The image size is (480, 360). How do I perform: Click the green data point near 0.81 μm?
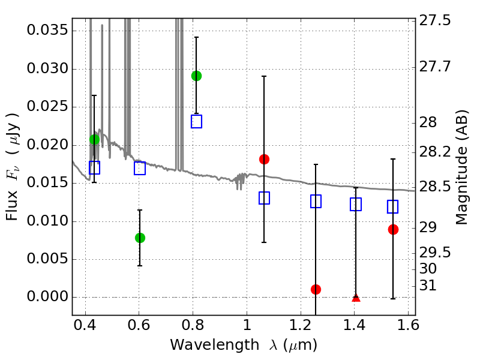[196, 76]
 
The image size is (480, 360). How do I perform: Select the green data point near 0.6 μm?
[140, 238]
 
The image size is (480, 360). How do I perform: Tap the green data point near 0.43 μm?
[94, 139]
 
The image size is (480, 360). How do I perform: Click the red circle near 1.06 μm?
[264, 159]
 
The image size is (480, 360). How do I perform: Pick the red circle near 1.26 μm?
[316, 289]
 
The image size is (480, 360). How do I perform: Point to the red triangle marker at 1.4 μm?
[356, 297]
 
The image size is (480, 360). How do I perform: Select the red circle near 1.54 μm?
[393, 229]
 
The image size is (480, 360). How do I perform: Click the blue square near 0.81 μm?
[196, 121]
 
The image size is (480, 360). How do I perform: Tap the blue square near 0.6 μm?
[140, 168]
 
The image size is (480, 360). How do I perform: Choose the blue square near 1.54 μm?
[393, 206]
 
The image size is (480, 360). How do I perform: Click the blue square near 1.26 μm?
[316, 202]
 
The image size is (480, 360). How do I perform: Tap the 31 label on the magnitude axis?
[427, 286]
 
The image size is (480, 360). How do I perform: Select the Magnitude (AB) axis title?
[461, 167]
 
